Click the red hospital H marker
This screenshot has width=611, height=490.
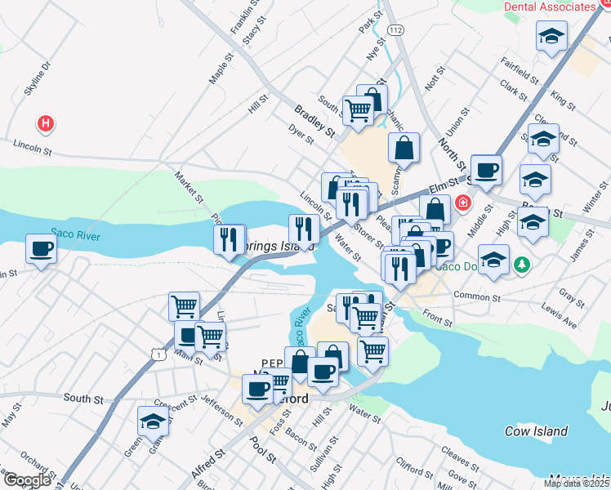[x=46, y=124]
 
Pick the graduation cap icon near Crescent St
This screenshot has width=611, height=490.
[x=153, y=421]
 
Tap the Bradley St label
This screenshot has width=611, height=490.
[x=315, y=120]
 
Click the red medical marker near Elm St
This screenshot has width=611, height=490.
[x=463, y=202]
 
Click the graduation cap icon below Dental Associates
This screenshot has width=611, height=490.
[x=552, y=36]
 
